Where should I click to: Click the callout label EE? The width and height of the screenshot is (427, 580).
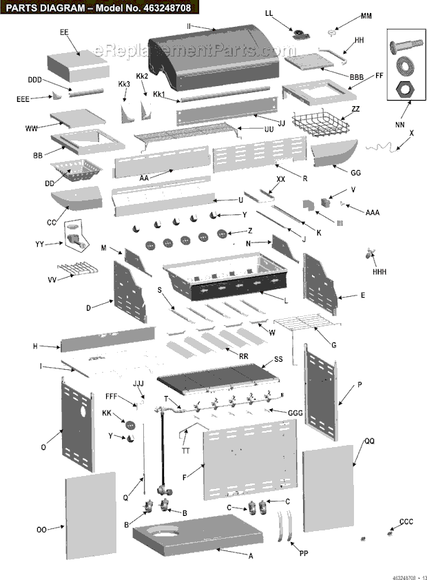click(x=64, y=32)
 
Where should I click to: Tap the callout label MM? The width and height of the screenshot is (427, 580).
click(x=366, y=15)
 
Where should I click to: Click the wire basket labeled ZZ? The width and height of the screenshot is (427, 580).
click(x=318, y=124)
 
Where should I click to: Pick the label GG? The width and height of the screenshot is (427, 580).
click(x=355, y=172)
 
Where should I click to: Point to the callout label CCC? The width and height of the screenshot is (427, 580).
click(x=406, y=522)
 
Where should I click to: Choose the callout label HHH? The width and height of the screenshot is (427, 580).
click(x=379, y=272)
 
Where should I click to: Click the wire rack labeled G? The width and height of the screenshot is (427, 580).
click(x=306, y=322)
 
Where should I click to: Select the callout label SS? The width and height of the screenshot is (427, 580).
click(x=278, y=359)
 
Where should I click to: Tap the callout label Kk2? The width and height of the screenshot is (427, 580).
click(x=142, y=76)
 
